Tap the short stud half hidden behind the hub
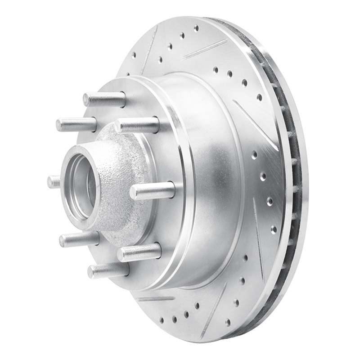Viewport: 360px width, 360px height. (54, 182)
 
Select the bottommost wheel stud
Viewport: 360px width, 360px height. (108, 270)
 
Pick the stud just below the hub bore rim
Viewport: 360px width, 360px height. (79, 239)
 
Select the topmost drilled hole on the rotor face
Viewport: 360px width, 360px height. (196, 28)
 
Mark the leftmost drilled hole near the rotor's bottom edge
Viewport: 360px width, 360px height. (162, 320)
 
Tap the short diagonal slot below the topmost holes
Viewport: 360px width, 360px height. (205, 49)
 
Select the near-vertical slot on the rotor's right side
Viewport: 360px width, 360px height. (259, 238)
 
